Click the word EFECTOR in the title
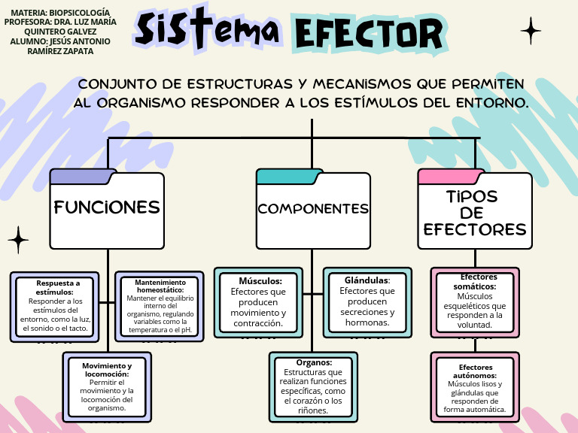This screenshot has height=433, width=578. (x=369, y=33)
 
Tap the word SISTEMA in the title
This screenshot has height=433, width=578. (x=207, y=29)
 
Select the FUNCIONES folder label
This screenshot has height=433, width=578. (x=107, y=207)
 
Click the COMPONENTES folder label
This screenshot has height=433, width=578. (x=313, y=209)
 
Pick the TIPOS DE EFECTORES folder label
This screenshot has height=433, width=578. (x=475, y=213)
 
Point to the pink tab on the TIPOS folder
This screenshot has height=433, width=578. (x=451, y=177)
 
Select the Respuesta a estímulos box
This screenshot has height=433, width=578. (x=54, y=307)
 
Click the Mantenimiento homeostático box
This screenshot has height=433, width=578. (x=160, y=307)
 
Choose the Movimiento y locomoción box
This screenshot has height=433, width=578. (x=107, y=387)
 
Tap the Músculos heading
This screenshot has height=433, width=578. (x=260, y=281)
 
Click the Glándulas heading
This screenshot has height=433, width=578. (x=367, y=280)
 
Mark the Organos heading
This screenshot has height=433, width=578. (x=314, y=362)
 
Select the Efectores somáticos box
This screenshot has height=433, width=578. (x=475, y=303)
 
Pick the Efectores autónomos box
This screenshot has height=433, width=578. (x=475, y=387)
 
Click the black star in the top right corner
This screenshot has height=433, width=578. (x=531, y=31)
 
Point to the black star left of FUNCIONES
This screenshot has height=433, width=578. (x=18, y=240)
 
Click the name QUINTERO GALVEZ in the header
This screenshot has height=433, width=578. (x=60, y=32)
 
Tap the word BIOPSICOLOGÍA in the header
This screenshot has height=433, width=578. (x=80, y=13)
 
